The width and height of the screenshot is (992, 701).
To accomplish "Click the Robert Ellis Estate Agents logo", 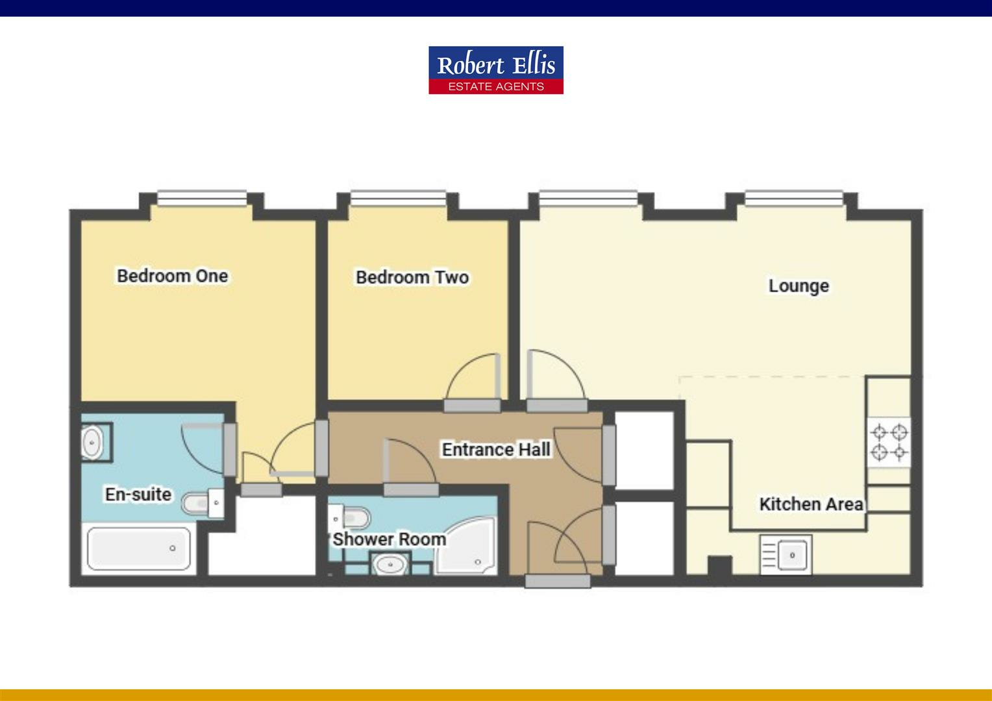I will pyautogui.click(x=495, y=70).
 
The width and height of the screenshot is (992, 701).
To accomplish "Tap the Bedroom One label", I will pyautogui.click(x=172, y=276).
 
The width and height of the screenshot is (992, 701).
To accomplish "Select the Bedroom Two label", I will pyautogui.click(x=412, y=278).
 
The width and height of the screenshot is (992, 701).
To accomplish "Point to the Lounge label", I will pyautogui.click(x=799, y=286).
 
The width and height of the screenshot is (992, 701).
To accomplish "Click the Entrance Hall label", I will pyautogui.click(x=496, y=449).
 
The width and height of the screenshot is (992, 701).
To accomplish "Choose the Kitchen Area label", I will pyautogui.click(x=811, y=504).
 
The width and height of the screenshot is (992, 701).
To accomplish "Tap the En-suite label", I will pyautogui.click(x=138, y=495).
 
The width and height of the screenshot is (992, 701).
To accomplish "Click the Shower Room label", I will pyautogui.click(x=389, y=539).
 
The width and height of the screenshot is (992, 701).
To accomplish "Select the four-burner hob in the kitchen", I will pyautogui.click(x=889, y=442).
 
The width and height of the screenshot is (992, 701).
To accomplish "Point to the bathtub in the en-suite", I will pyautogui.click(x=139, y=549).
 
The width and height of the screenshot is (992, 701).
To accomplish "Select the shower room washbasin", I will pyautogui.click(x=390, y=565).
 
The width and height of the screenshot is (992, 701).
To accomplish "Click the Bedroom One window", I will pyautogui.click(x=202, y=197).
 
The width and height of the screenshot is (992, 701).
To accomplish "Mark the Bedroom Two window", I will pyautogui.click(x=398, y=197).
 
